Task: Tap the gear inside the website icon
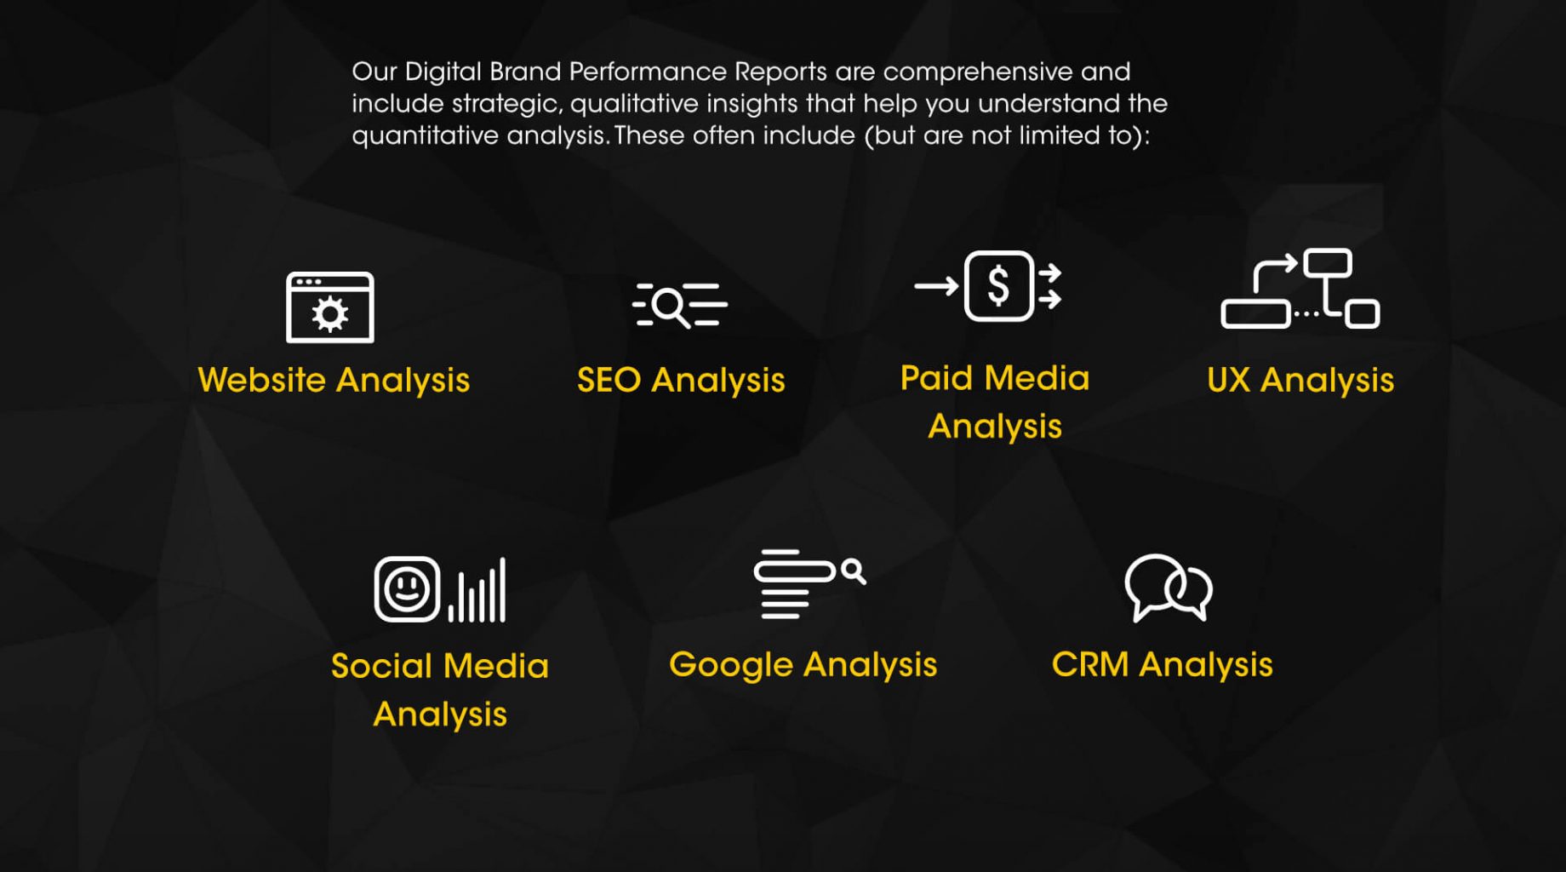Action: (x=330, y=314)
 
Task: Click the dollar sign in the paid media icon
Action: (x=999, y=285)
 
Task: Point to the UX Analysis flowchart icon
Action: (x=1300, y=289)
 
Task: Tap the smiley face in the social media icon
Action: (x=407, y=588)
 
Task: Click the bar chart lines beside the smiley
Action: (x=477, y=590)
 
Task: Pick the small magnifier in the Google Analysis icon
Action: (x=854, y=571)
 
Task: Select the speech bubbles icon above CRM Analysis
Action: (x=1169, y=588)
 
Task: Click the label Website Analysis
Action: (x=334, y=380)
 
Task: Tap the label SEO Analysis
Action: (x=681, y=380)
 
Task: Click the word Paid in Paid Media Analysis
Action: (x=937, y=377)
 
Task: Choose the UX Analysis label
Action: (x=1300, y=380)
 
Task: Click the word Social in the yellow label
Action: (x=380, y=666)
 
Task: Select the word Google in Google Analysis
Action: (x=730, y=665)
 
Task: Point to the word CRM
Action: (x=1090, y=664)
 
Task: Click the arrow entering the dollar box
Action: (x=937, y=286)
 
